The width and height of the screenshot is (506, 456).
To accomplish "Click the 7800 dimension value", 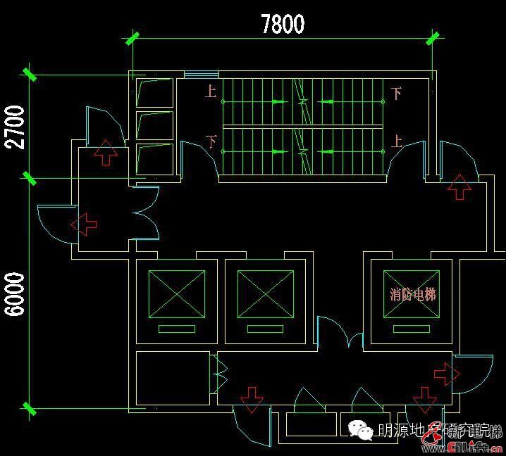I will coord(283,24).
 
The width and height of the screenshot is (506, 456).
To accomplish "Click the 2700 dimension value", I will coord(16,127).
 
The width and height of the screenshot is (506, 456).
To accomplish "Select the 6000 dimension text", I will coord(16,294).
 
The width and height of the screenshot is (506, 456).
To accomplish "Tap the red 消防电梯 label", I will coord(413,295).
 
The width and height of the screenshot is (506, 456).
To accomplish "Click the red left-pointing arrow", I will coord(84,225).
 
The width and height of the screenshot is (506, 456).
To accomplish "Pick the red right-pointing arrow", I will coord(445,374).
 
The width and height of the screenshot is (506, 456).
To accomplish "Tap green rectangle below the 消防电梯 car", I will coord(410,329).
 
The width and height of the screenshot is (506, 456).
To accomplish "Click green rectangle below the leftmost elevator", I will coord(176,329).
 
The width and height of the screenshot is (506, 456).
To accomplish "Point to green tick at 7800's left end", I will coord(132,38).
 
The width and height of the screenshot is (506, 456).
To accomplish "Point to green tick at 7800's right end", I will coord(433,38).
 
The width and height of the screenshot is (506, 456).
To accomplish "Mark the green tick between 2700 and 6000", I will coord(30,177).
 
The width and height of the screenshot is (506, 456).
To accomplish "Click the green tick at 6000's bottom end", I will coord(30,407).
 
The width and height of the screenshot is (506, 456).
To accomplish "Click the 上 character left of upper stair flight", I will coord(211,91).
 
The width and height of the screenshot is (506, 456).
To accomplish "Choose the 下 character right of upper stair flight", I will coord(397,93).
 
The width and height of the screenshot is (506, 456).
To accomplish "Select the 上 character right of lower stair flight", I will coord(397,141).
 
